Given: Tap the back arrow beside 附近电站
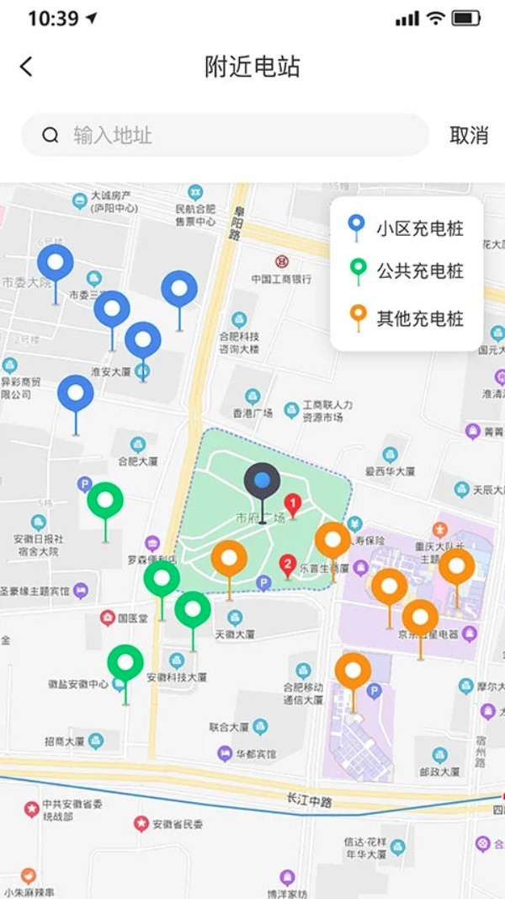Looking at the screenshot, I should [26, 67].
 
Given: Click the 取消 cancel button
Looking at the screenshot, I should [469, 136].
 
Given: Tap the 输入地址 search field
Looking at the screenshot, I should [236, 135].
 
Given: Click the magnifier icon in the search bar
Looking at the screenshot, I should [50, 135].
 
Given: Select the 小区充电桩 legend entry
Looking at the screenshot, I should [407, 227].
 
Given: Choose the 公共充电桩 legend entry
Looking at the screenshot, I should [407, 271].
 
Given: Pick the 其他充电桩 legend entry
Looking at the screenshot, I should [407, 318].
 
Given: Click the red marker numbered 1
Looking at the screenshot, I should [293, 506].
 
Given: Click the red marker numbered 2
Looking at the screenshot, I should [288, 564].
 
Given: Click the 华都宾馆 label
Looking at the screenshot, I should [255, 753].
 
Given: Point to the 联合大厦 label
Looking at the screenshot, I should [229, 726].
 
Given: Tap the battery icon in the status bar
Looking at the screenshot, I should [465, 19].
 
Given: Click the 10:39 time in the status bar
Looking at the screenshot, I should [53, 19].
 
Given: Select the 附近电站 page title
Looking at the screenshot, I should [252, 67].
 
